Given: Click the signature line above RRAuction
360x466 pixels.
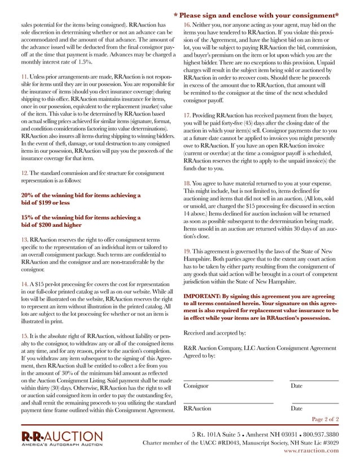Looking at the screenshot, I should click(x=229, y=403).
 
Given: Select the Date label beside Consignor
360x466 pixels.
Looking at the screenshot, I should click(x=297, y=386).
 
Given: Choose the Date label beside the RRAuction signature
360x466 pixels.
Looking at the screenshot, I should click(x=297, y=408).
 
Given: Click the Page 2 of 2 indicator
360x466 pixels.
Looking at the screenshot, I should click(x=325, y=419).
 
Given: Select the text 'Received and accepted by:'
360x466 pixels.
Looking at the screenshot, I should click(x=214, y=333).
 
